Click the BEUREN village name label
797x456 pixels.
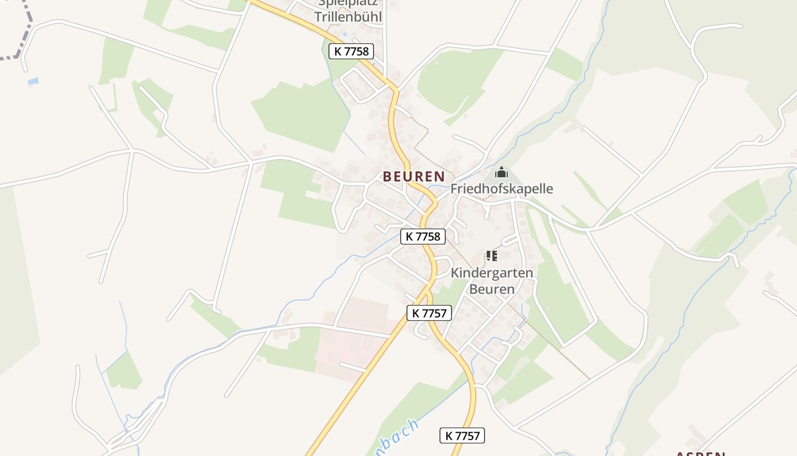pos(414,177)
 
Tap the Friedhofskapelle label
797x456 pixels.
pos(502,189)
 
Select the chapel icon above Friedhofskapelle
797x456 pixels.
pos(502,172)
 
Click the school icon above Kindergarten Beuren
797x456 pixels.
pos(492,256)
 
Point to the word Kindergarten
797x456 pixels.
pos(492,272)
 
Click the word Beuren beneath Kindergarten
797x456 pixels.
pos(492,289)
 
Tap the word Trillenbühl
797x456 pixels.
pos(348,17)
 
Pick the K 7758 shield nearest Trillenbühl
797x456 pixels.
pos(351,51)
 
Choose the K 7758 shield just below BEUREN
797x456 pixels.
pos(423,237)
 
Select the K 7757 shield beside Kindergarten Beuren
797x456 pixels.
pos(430,312)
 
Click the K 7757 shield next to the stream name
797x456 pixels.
pos(462,436)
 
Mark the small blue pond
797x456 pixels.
pos(33,82)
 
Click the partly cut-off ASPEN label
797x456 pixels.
pos(700,453)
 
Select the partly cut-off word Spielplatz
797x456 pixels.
pos(348,3)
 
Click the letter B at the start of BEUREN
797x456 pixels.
pos(388,177)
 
